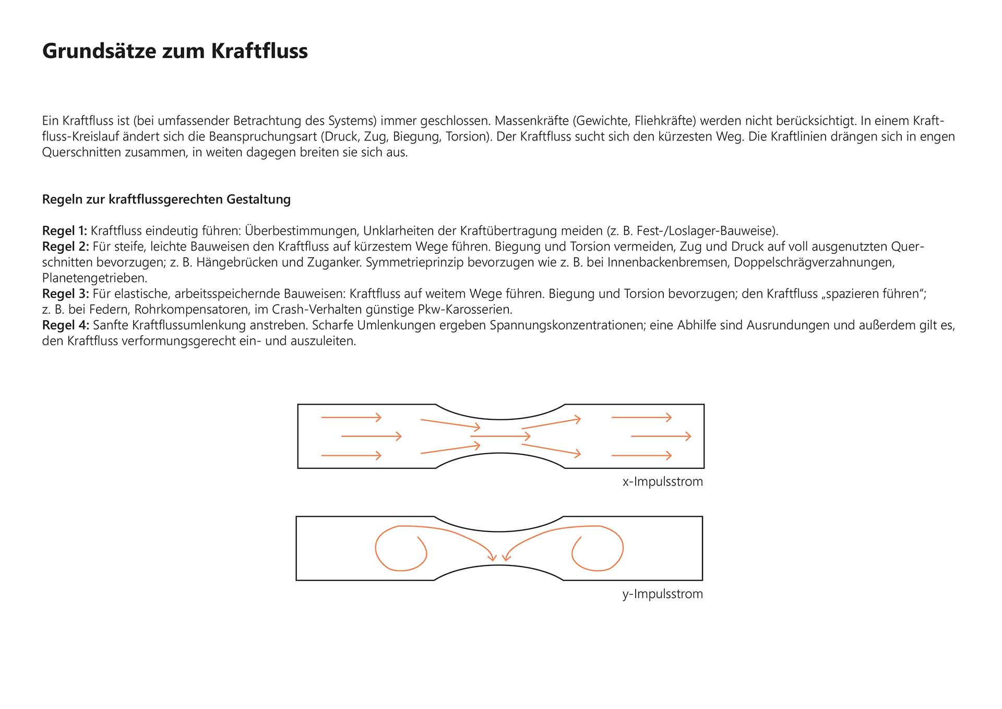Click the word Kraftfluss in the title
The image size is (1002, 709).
259,51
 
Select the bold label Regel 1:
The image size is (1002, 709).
65,231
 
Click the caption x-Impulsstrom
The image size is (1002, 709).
662,481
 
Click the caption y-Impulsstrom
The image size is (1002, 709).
662,594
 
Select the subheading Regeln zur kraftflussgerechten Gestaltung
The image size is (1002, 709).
166,199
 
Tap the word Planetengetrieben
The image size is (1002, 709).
94,278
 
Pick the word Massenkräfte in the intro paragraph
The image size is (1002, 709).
531,121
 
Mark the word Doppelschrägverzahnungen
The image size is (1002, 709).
814,262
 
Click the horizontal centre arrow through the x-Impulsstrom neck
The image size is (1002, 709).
500,436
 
